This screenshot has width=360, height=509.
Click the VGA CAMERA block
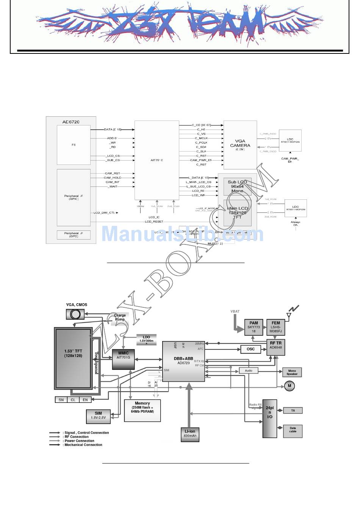point(240,144)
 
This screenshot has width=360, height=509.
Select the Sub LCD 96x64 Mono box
point(237,186)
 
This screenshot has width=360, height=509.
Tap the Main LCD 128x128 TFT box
point(237,213)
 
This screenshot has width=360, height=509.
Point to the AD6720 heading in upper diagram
point(71,122)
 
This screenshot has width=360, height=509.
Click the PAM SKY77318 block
point(254,327)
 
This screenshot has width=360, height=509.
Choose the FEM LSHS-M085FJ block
point(275,327)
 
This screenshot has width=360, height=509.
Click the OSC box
point(250,349)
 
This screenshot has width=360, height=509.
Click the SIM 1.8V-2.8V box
point(98,417)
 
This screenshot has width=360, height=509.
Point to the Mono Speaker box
point(292,372)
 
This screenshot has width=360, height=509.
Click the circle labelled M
point(290,386)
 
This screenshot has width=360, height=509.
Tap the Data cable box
point(293,431)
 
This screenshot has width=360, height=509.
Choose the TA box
point(293,410)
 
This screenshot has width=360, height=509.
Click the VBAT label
point(235,312)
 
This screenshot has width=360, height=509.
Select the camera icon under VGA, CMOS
point(75,314)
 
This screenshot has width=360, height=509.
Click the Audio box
point(249,371)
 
